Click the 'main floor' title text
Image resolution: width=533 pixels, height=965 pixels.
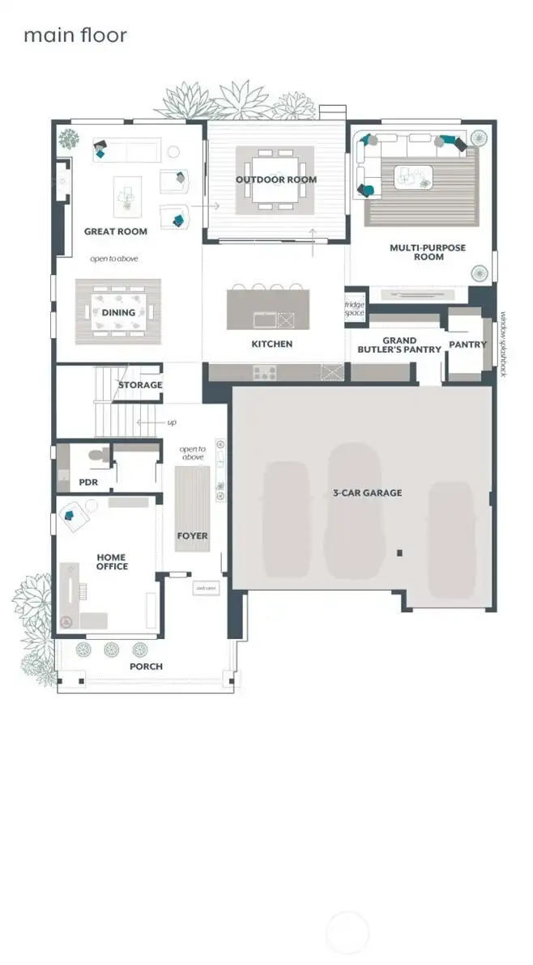click(x=75, y=36)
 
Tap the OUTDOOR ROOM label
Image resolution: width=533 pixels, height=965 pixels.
click(x=276, y=180)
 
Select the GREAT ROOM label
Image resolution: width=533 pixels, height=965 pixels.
click(x=116, y=231)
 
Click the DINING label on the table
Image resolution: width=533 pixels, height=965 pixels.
click(x=118, y=312)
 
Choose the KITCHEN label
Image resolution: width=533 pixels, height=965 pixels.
click(x=272, y=344)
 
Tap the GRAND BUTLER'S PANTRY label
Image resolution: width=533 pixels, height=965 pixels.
click(x=399, y=345)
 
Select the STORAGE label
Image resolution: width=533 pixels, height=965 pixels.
click(x=140, y=385)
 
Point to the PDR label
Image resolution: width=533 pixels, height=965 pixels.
click(x=88, y=482)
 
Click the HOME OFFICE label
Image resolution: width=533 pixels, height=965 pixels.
click(x=112, y=561)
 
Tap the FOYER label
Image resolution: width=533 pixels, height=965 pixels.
click(x=193, y=535)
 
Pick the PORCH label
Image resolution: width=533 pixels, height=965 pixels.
click(x=146, y=667)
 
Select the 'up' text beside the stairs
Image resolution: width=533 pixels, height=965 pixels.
click(x=171, y=422)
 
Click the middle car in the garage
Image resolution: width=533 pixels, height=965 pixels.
click(x=354, y=510)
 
